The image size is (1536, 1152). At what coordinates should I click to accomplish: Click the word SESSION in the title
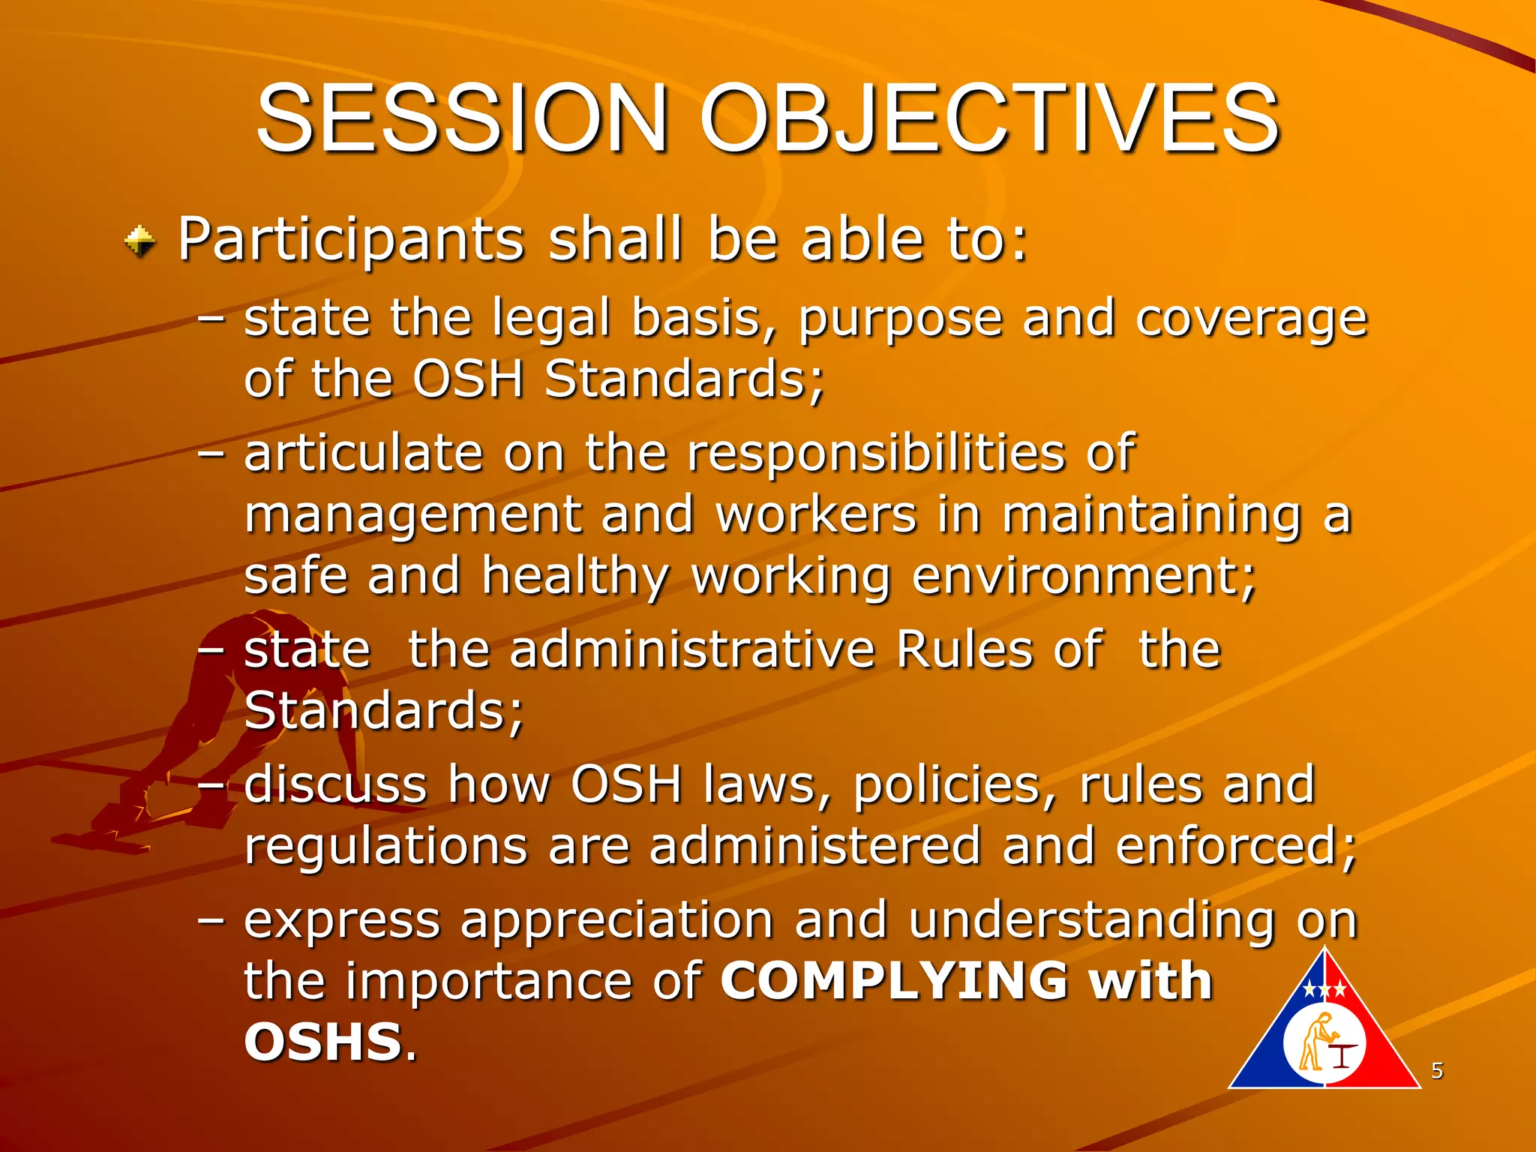[x=461, y=118]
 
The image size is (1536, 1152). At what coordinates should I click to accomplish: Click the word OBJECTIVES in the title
[x=989, y=118]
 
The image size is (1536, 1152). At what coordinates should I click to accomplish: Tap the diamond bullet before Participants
[x=140, y=241]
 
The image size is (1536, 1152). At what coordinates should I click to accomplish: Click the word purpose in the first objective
[x=900, y=319]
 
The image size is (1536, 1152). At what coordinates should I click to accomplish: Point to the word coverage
[x=1251, y=319]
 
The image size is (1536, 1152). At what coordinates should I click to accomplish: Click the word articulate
[x=363, y=453]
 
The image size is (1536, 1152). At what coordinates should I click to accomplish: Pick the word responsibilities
[x=875, y=454]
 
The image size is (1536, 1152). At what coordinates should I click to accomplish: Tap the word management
[x=412, y=515]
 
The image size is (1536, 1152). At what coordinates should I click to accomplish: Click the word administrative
[x=692, y=649]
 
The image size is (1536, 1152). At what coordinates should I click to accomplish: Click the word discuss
[x=335, y=784]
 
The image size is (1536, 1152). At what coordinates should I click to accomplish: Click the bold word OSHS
[x=323, y=1042]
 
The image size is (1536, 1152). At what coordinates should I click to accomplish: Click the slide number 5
[x=1436, y=1070]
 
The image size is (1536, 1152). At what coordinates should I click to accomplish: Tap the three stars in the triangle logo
[x=1324, y=990]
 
